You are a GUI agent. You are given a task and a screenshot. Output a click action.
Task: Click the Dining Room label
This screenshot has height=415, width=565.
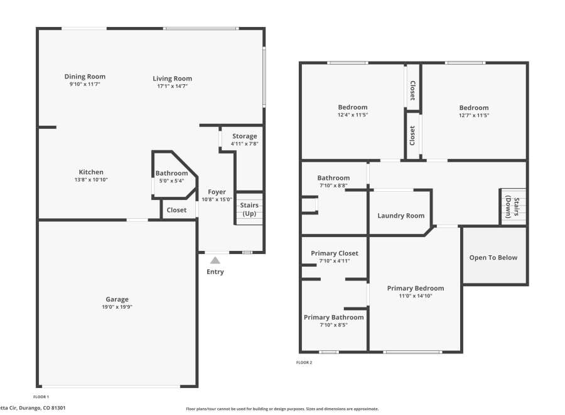pyautogui.click(x=85, y=77)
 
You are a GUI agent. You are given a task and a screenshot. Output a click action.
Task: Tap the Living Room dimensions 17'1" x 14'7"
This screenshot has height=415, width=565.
pyautogui.click(x=172, y=86)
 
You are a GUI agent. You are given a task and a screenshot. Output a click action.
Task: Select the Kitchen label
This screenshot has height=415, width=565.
pyautogui.click(x=91, y=172)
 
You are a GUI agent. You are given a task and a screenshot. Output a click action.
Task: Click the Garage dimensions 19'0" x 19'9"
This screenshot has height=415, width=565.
pyautogui.click(x=117, y=307)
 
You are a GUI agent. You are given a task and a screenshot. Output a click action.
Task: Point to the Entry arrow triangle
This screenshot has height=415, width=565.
pyautogui.click(x=215, y=259)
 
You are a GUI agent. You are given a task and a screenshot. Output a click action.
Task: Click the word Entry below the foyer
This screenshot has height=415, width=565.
pyautogui.click(x=215, y=272)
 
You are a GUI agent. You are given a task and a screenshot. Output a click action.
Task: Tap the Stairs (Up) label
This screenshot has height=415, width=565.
pyautogui.click(x=249, y=209)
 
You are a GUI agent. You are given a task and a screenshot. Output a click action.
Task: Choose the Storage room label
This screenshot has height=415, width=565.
pyautogui.click(x=244, y=136)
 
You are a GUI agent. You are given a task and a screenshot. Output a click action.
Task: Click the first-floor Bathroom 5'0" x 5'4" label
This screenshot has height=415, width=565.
pyautogui.click(x=171, y=174)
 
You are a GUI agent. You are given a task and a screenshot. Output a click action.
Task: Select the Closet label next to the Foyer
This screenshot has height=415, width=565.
pyautogui.click(x=176, y=210)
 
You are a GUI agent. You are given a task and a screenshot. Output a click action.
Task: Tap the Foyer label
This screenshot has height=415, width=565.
pyautogui.click(x=217, y=192)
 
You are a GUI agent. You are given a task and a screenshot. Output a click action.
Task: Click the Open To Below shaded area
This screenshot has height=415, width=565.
pyautogui.click(x=494, y=257)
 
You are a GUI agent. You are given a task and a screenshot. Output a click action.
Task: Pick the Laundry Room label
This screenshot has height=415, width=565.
pyautogui.click(x=401, y=216)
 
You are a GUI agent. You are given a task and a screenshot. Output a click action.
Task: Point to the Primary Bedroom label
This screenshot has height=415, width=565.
pyautogui.click(x=415, y=289)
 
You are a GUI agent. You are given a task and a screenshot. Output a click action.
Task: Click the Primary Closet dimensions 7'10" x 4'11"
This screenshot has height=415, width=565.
pyautogui.click(x=335, y=261)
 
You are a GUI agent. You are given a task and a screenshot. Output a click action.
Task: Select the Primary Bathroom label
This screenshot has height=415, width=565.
pyautogui.click(x=333, y=318)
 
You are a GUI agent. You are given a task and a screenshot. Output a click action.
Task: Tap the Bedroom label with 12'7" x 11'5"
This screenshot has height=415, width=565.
pyautogui.click(x=473, y=108)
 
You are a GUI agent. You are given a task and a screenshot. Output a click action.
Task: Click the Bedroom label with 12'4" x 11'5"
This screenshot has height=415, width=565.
pyautogui.click(x=352, y=108)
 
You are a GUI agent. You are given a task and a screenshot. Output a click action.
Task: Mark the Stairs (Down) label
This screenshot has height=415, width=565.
pyautogui.click(x=513, y=206)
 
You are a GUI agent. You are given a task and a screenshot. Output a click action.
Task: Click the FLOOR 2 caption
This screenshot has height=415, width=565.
pyautogui.click(x=304, y=362)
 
